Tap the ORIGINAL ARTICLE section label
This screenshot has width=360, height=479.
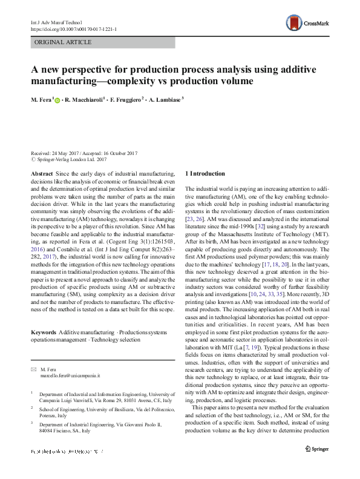[x=64, y=42]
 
